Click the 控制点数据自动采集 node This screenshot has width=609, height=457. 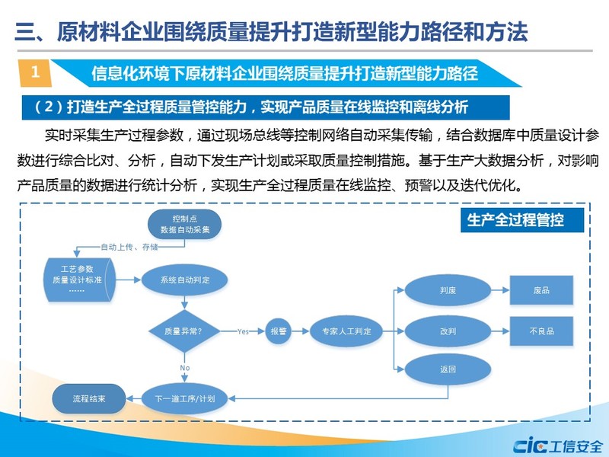(x=185, y=224)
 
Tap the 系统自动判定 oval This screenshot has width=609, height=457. (x=185, y=280)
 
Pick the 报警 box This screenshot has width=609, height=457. (x=277, y=331)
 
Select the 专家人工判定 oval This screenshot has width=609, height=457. (x=346, y=331)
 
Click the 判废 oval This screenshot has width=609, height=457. (x=448, y=290)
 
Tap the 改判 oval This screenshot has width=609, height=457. (x=448, y=331)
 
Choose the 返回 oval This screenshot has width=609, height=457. (x=448, y=370)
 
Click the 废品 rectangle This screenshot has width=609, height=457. (x=540, y=290)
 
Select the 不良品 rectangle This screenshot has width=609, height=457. (x=540, y=331)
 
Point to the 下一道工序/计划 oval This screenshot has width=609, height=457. (x=185, y=398)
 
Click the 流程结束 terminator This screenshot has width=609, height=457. (x=88, y=398)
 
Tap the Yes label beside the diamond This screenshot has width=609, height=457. (x=244, y=331)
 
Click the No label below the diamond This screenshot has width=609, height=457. (x=184, y=368)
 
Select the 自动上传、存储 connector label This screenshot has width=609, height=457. (x=129, y=247)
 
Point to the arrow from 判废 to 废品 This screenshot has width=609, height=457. (x=496, y=290)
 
